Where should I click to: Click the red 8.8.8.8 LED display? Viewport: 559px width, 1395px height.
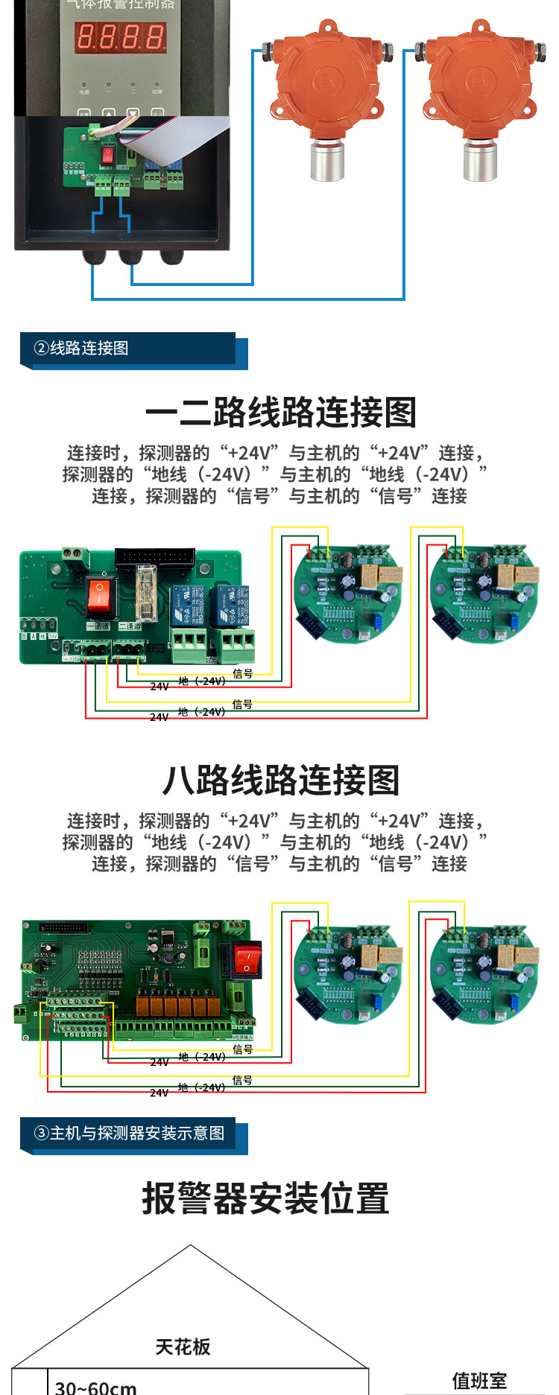pos(121,36)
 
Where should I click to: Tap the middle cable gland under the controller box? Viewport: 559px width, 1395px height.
pos(130,257)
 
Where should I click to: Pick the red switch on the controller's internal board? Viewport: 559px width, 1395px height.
pos(108,155)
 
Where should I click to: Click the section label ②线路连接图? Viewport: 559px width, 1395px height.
pos(81,349)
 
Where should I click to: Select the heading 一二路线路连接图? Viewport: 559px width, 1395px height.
pos(280,413)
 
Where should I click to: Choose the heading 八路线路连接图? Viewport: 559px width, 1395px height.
pos(280,781)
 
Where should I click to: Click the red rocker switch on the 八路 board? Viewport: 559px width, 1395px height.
pos(246,959)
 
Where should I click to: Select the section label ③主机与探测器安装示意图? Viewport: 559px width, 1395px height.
pos(129,1134)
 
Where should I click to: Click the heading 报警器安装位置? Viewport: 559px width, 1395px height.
pos(265,1199)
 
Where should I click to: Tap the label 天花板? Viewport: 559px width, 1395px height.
pos(183,1347)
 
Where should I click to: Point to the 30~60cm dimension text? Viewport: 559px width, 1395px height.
pos(95,1386)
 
